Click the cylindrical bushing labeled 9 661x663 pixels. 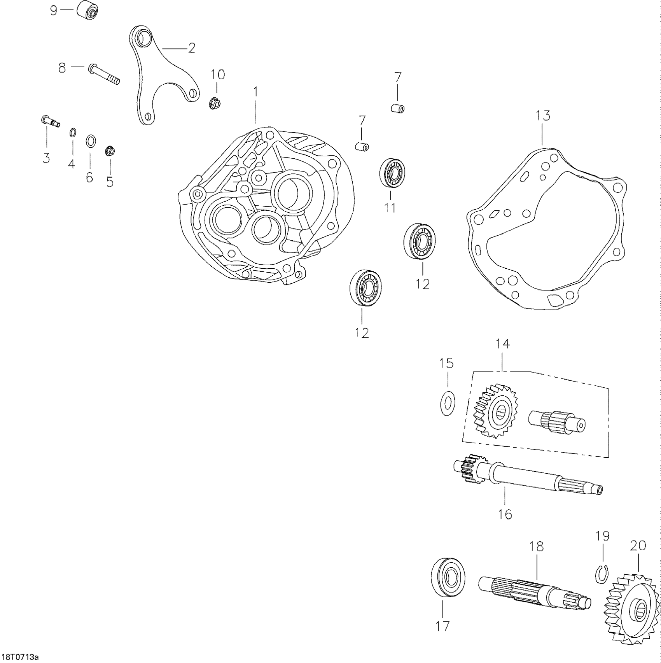point(87,10)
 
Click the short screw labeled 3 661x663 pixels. point(50,121)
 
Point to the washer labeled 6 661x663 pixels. point(90,140)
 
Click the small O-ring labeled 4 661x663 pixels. point(72,133)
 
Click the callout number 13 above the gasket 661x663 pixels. point(543,115)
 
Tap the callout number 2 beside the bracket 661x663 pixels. point(191,48)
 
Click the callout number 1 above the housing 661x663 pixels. point(255,92)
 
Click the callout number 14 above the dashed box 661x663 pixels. point(502,344)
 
